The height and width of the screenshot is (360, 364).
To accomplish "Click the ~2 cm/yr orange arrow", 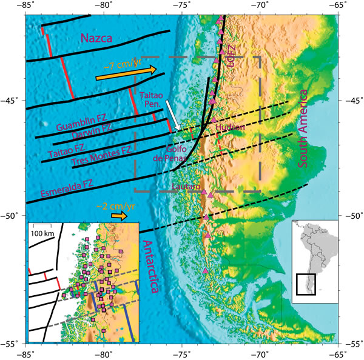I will [119, 215].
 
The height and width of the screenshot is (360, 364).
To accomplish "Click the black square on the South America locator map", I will [306, 284].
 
